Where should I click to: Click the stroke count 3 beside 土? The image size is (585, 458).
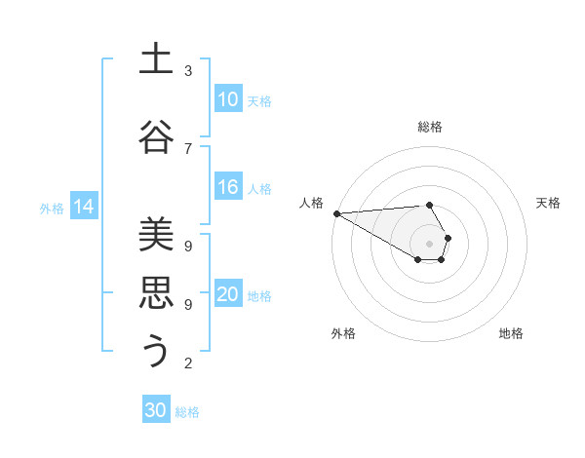(188, 71)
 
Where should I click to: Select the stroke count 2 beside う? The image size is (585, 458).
(188, 363)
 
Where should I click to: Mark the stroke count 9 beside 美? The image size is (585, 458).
(188, 246)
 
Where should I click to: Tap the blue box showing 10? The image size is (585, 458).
(228, 99)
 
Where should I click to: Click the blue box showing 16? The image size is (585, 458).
(228, 188)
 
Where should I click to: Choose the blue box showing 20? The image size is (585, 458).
(228, 295)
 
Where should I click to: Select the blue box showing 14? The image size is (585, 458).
(84, 207)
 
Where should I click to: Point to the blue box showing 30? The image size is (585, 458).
(156, 410)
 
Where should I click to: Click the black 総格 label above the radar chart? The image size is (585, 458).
(430, 127)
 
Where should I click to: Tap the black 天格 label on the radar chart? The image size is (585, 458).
(549, 203)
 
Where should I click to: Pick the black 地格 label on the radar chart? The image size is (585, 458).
(511, 333)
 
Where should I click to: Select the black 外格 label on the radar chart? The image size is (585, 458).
(343, 333)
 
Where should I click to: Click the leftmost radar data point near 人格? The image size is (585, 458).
(336, 213)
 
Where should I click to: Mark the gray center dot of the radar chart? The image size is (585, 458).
(429, 244)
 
